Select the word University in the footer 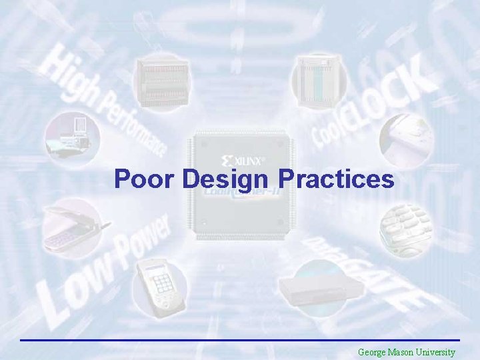click(x=437, y=352)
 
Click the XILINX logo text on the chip click(x=247, y=161)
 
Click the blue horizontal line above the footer click(x=240, y=340)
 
